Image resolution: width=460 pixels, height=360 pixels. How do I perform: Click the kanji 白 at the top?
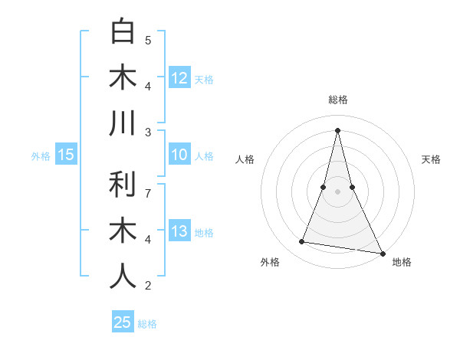(123, 32)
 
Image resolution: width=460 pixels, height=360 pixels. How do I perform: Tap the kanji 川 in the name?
(123, 124)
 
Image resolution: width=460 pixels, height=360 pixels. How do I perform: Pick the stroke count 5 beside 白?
(148, 40)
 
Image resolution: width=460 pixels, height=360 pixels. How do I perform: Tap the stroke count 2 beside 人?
(148, 286)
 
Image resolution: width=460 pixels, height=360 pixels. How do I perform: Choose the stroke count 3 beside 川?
(148, 132)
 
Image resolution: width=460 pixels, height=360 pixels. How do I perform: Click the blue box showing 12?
(179, 78)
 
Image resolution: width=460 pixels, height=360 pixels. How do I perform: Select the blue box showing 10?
(179, 155)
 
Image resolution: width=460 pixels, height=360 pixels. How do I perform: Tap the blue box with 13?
(179, 232)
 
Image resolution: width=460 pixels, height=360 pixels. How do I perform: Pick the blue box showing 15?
(66, 155)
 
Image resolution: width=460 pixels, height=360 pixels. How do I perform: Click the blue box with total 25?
(123, 322)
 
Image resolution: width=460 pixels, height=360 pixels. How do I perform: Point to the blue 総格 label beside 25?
(147, 324)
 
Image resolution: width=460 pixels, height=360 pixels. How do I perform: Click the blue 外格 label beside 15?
(41, 156)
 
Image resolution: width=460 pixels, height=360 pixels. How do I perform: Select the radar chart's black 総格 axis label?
(338, 100)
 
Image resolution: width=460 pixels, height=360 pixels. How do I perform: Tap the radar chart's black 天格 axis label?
(432, 159)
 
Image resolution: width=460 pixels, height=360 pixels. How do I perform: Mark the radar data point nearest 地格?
(382, 253)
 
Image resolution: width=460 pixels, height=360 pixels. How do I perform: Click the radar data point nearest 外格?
(302, 242)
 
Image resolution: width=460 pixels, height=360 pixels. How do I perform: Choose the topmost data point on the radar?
(338, 129)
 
